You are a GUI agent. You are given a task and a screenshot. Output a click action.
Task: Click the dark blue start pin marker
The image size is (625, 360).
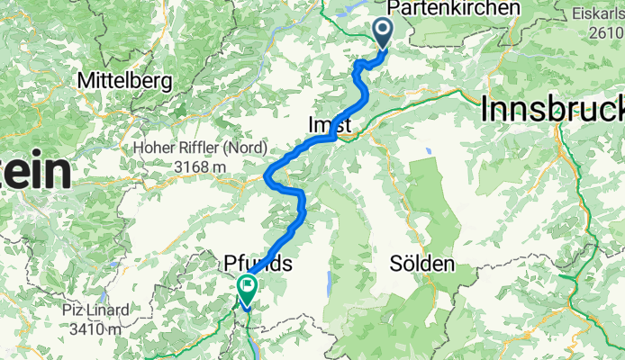(x=383, y=34)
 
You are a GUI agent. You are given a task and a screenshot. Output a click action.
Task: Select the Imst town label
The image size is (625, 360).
(x=330, y=124)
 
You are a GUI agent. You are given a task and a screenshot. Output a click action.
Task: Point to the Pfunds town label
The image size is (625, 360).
(x=258, y=265)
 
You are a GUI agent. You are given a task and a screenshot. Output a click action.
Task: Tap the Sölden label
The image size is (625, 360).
(x=422, y=265)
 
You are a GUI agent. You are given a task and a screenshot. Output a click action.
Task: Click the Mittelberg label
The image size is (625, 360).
(x=124, y=80)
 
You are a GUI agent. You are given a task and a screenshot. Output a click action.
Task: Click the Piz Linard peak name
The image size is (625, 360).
(x=95, y=310)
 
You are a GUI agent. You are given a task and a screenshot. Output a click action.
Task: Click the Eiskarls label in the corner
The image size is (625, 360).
(x=600, y=14)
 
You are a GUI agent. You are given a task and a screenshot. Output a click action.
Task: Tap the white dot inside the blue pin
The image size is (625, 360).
(x=383, y=31)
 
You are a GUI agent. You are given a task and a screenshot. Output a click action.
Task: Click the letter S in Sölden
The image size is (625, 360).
(x=396, y=265)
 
